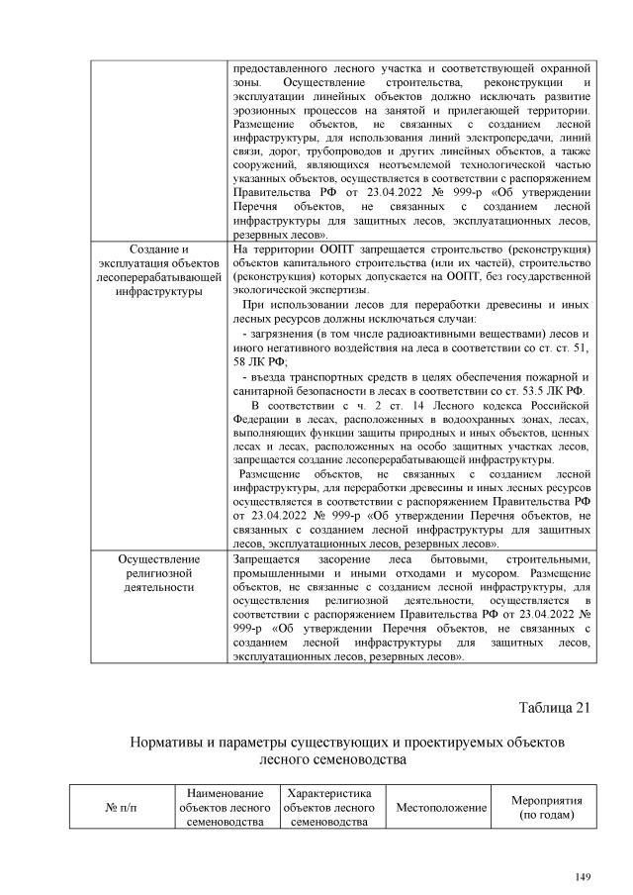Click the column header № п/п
coord(121,808)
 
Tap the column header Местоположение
coord(441,808)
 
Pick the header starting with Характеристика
coord(327,808)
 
